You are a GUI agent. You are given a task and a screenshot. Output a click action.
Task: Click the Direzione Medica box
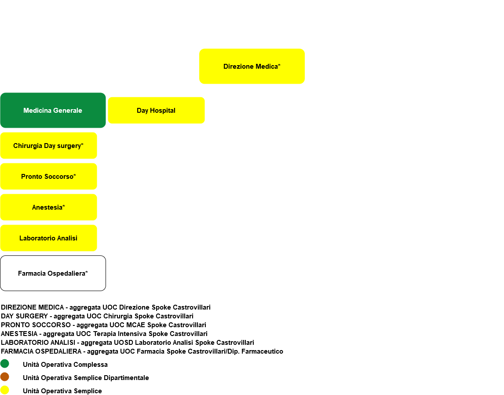point(252,66)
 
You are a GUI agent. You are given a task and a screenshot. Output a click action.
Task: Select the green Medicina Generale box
point(53,111)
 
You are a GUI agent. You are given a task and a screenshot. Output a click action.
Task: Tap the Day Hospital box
point(156,111)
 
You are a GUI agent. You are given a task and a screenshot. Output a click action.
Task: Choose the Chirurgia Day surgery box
point(48,145)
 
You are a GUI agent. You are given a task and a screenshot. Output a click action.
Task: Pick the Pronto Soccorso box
point(48,177)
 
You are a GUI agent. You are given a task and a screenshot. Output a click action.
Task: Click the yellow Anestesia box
point(48,207)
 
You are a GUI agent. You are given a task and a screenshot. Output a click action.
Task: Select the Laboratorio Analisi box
point(48,238)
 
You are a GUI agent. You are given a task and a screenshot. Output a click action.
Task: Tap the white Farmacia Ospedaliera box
point(53,273)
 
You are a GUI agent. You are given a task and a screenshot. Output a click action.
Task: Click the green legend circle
point(4,364)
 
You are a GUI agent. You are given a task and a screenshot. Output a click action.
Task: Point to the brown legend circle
point(4,377)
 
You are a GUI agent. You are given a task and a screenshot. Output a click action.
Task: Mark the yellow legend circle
point(4,390)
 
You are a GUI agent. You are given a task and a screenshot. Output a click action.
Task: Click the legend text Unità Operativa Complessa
point(65,365)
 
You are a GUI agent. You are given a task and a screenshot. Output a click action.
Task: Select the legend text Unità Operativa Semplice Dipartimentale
point(86,378)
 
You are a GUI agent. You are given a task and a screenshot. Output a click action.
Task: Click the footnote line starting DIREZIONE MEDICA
point(106,307)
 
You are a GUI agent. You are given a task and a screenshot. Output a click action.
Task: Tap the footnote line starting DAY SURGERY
point(97,316)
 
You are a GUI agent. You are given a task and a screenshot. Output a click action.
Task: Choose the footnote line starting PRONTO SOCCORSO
point(103,325)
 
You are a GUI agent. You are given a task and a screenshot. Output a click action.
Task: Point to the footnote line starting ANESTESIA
point(104,334)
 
